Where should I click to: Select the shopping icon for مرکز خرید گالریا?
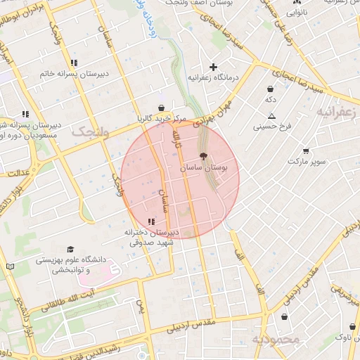click(162, 108)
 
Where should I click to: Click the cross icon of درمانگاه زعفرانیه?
click(213, 67)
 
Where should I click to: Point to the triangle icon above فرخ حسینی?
click(271, 116)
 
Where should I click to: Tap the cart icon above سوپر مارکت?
click(306, 150)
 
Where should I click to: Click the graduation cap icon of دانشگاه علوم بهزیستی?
click(70, 250)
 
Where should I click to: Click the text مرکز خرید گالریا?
click(165, 118)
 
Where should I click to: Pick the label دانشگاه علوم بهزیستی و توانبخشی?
click(68, 264)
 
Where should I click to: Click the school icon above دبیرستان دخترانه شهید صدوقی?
click(151, 221)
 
